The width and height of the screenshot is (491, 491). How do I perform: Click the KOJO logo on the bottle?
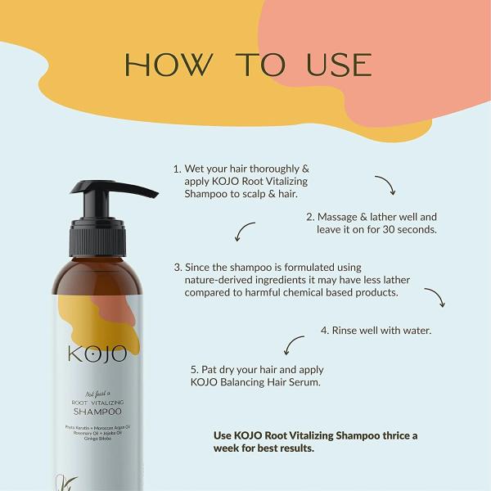[x=97, y=354]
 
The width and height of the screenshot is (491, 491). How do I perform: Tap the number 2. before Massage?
[x=311, y=217]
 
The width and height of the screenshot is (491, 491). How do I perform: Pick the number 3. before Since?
[x=178, y=267]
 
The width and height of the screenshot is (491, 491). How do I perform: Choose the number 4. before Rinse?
[x=324, y=331]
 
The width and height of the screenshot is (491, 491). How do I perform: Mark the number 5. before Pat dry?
[x=195, y=369]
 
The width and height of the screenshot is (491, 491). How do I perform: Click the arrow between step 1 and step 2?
[x=385, y=185]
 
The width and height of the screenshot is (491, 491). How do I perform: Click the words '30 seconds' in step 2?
[x=407, y=230]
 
